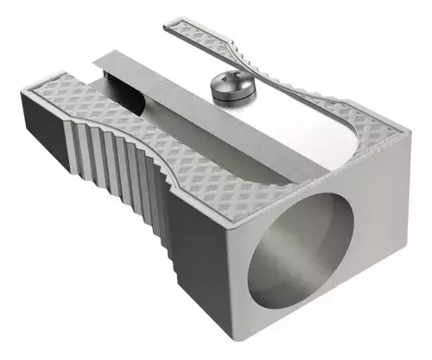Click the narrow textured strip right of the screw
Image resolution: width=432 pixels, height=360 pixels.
(294, 86)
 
